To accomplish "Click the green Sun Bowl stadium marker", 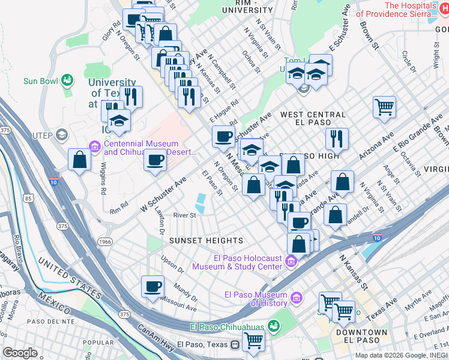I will (67, 80).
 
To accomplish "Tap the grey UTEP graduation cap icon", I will (61, 135).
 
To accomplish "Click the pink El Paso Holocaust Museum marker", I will (291, 261).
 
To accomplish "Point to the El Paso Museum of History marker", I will (296, 298).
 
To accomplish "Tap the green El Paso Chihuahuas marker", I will (274, 326).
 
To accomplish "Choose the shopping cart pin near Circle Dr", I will (384, 108).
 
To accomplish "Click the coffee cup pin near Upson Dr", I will (152, 286).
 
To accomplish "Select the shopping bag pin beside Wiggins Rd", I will (79, 160).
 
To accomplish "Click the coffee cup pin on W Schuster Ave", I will (155, 161).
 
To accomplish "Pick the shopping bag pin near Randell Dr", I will (335, 215).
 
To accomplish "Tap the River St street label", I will (184, 215).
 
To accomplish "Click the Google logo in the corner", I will (20, 353).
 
